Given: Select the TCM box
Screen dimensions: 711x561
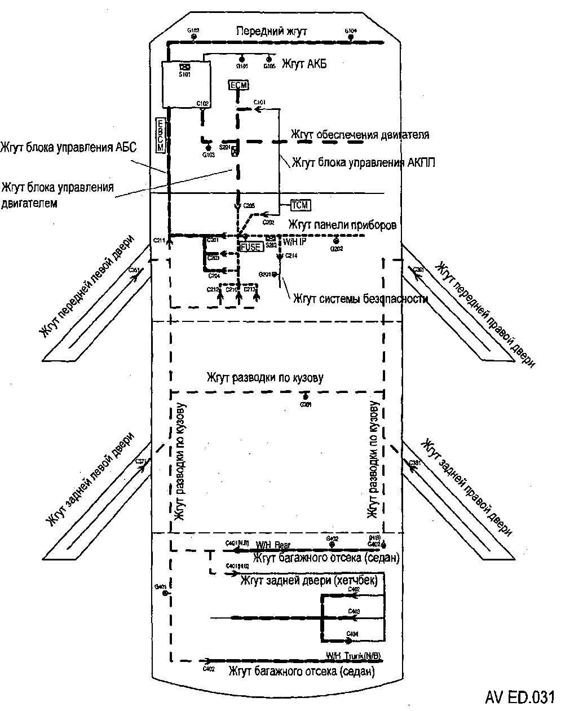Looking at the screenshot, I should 301,204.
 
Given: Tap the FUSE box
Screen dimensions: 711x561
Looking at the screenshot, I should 251,246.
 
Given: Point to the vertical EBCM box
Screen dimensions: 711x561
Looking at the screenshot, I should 160,135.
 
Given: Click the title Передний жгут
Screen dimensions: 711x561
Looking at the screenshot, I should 272,32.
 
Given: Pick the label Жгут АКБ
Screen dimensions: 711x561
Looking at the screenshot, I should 304,64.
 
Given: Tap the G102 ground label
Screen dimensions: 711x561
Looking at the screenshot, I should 193,30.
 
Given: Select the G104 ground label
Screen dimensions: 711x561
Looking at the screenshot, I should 351,30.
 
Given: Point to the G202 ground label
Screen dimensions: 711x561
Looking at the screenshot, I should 337,249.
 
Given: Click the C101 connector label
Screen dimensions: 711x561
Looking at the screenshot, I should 259,102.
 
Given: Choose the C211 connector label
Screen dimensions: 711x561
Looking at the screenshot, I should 160,241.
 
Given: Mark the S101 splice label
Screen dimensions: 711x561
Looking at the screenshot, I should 183,74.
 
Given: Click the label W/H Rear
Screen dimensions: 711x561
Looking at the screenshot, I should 273,545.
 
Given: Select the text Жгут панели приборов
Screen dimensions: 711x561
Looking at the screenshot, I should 342,225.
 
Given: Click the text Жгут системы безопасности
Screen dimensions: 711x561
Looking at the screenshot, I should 360,298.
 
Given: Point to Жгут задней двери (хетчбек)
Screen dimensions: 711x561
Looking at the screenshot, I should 308,580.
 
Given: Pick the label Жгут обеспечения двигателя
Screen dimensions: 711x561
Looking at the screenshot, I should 360,135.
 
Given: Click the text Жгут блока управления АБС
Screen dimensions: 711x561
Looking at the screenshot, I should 69,148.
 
